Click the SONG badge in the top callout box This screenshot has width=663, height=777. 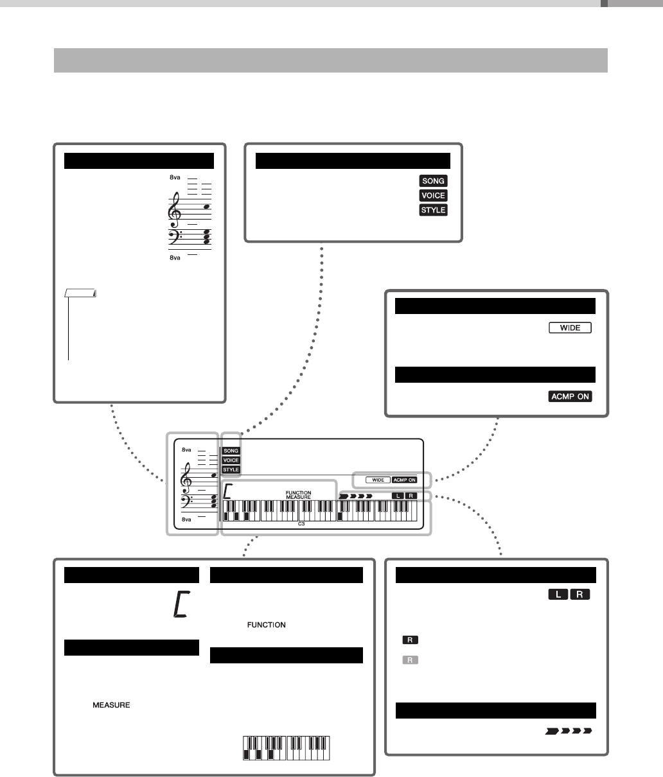[x=433, y=181]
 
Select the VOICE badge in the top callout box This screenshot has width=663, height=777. [x=433, y=195]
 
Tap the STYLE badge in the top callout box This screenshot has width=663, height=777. [x=433, y=209]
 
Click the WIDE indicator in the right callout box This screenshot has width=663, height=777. [x=570, y=328]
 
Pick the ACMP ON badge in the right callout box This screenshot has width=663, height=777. [x=570, y=396]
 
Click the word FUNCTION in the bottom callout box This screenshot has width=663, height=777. [x=264, y=625]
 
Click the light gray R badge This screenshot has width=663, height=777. [x=409, y=659]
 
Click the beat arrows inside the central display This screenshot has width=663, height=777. [x=356, y=496]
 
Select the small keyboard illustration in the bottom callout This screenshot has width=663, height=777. [x=291, y=747]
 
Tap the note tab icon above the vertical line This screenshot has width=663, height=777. [x=81, y=293]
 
